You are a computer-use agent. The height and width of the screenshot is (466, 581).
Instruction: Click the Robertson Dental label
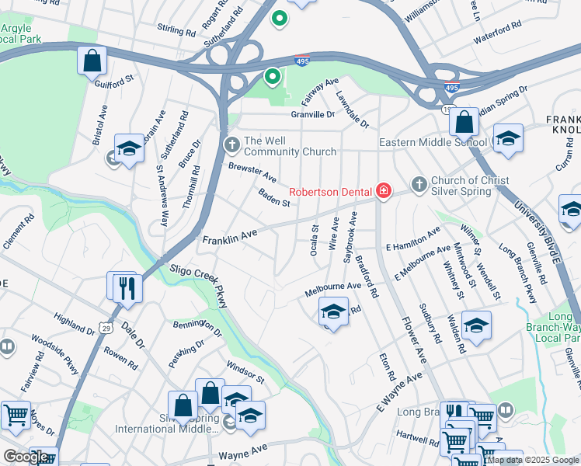330,191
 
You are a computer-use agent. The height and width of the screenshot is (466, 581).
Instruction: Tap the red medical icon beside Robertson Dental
382,190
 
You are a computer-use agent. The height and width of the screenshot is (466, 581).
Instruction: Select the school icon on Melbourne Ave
333,312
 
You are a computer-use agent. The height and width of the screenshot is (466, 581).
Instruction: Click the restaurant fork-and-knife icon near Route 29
125,288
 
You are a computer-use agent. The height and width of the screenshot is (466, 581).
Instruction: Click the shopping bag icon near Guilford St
92,60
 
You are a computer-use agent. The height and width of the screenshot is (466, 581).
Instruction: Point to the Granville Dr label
312,114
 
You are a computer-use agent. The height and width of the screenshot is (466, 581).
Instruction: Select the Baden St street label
274,198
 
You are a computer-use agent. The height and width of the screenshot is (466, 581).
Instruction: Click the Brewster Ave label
252,172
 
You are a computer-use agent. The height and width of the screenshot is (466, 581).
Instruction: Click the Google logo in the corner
26,457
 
